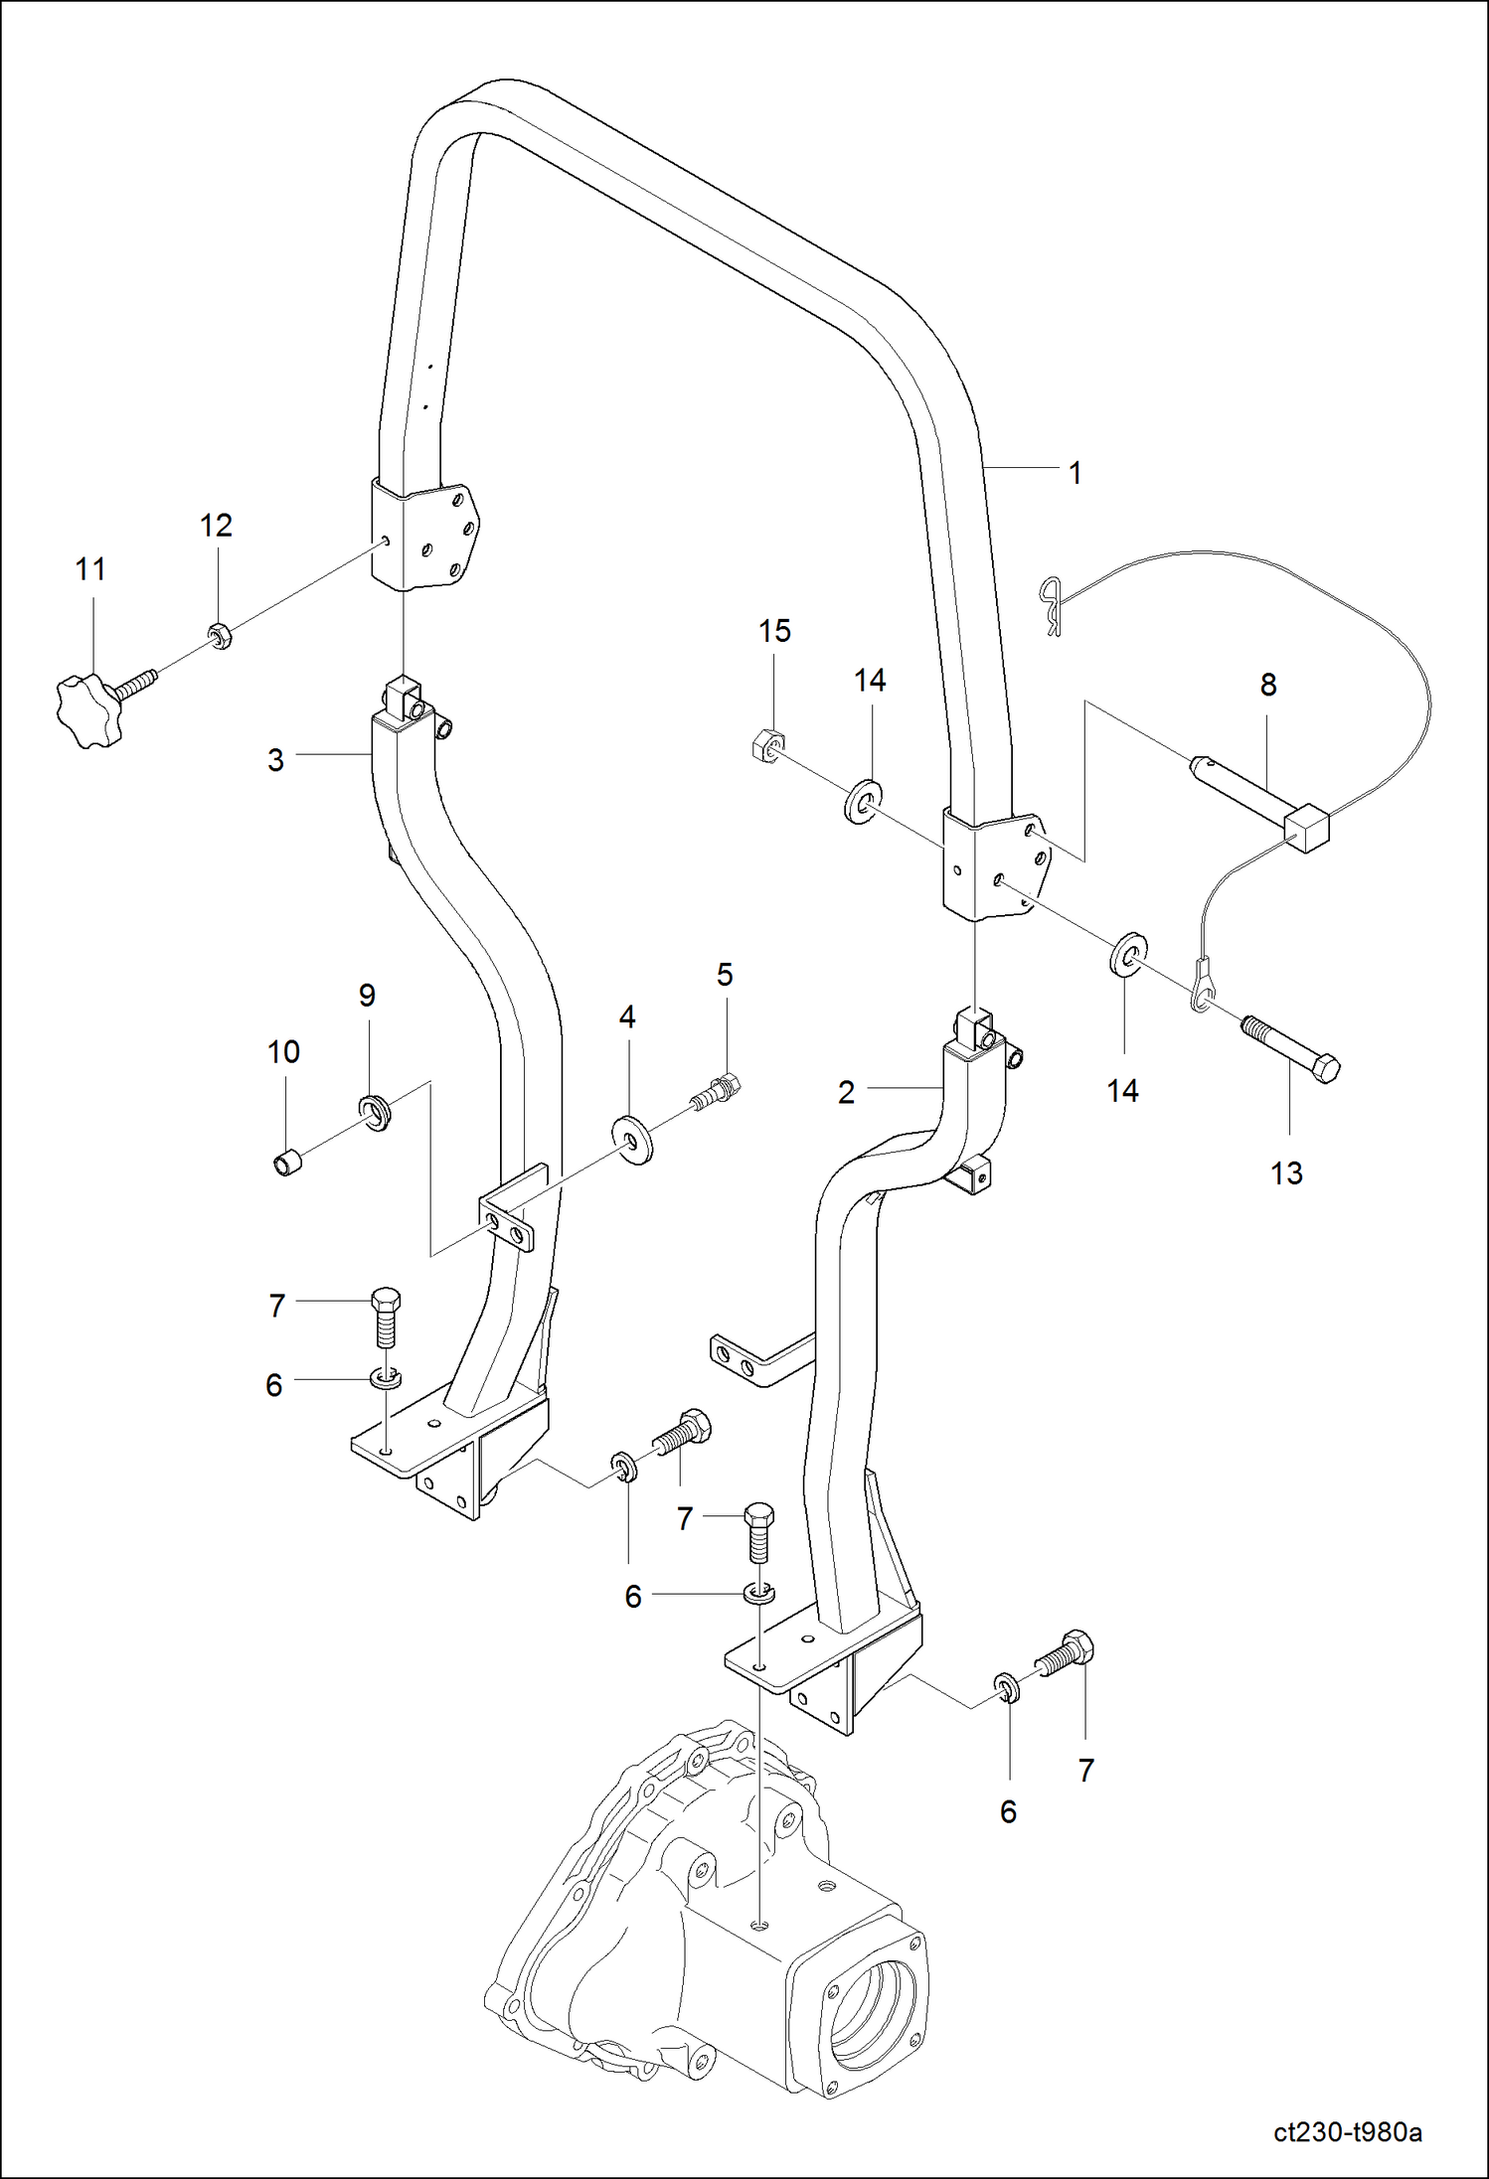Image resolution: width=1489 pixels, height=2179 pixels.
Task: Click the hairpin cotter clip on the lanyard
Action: coord(1051,606)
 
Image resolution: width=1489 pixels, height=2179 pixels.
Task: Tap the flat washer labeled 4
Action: coord(633,1138)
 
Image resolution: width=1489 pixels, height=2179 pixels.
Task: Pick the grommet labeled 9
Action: coord(374,1110)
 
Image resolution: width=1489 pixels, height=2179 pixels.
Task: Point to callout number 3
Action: coord(275,760)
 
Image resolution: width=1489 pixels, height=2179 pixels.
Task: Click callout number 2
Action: coord(846,1093)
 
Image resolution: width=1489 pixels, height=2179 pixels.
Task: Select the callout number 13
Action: coord(1285,1173)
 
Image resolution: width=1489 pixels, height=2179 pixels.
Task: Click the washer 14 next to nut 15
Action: coord(863,801)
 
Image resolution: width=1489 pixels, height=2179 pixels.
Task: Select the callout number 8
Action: coord(1267,685)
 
